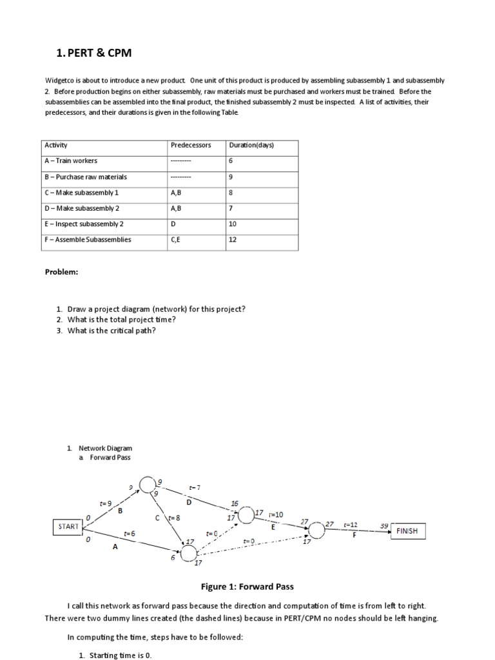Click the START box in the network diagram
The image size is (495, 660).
click(68, 527)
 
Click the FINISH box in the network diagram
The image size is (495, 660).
click(407, 531)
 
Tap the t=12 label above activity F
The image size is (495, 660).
click(351, 525)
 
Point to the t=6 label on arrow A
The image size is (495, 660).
click(130, 534)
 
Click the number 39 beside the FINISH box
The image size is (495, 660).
click(384, 526)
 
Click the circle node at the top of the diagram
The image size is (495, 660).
click(148, 483)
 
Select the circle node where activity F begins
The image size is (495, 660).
click(316, 530)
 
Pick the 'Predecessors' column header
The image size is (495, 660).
click(191, 145)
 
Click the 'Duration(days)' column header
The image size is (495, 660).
click(251, 145)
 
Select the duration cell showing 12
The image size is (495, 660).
click(233, 240)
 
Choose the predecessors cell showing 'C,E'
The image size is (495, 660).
click(177, 240)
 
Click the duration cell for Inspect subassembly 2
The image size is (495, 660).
click(233, 224)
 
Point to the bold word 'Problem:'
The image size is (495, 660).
click(61, 272)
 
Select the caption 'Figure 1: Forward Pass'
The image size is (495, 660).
click(247, 587)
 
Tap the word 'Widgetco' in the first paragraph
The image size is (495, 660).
click(59, 81)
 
